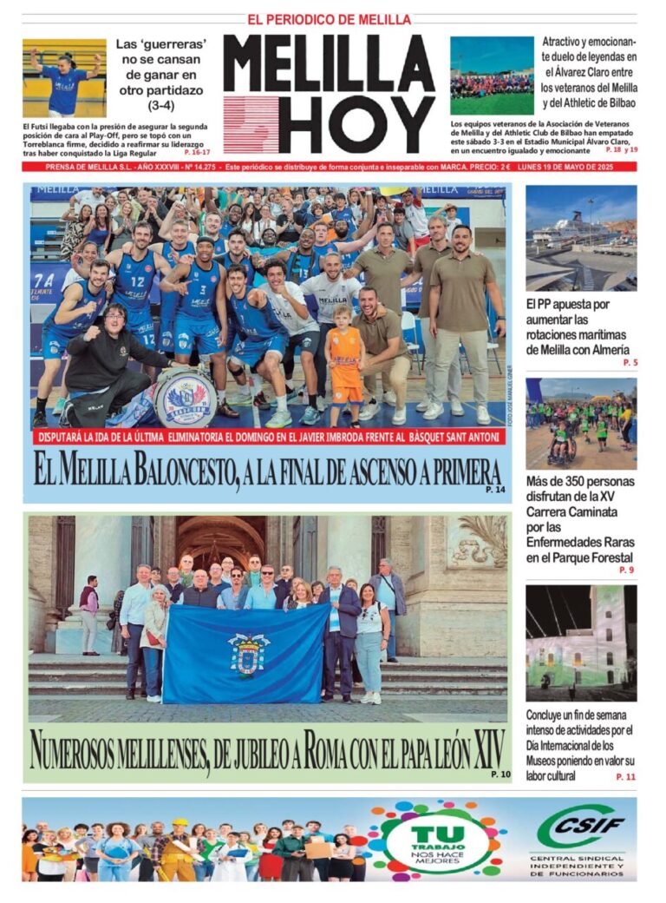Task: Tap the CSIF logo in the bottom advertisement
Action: [581, 827]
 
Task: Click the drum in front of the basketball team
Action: [185, 399]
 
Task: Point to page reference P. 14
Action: [496, 491]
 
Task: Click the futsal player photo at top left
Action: [64, 77]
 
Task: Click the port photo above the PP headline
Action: [580, 237]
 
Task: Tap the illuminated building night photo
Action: [580, 643]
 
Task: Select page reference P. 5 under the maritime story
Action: [630, 362]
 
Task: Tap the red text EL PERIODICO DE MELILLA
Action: [330, 19]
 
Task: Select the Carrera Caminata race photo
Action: [580, 423]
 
